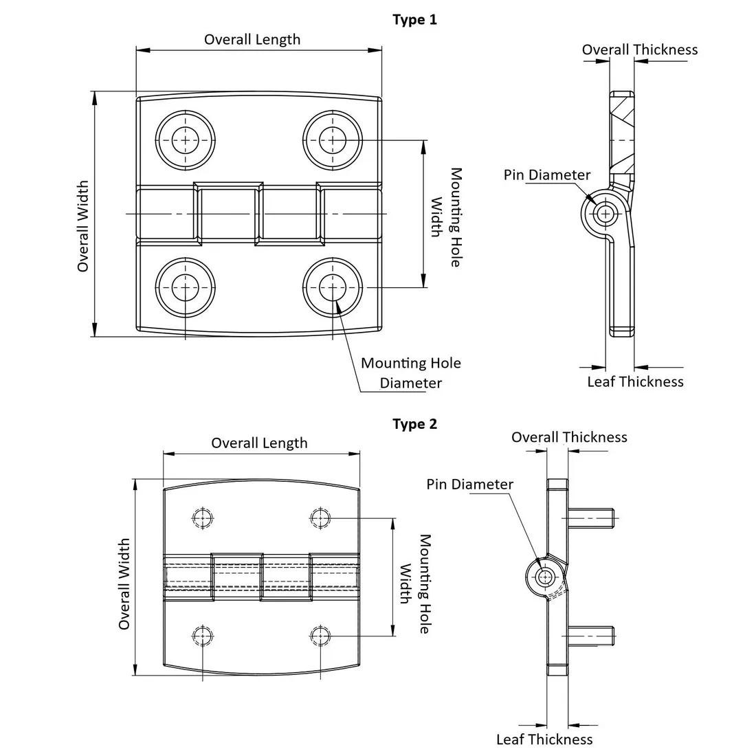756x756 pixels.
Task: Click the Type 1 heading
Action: coord(414,19)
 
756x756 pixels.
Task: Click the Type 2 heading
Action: coord(414,424)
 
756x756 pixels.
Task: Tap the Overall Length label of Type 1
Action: coord(252,39)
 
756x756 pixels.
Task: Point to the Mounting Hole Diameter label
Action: coord(411,373)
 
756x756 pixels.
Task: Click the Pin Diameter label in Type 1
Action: coord(546,175)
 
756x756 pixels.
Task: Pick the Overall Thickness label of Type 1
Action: coord(639,49)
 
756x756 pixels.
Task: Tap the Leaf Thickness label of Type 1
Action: coord(635,381)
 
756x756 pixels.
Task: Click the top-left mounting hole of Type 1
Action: coord(185,140)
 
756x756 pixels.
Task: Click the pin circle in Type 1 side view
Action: coord(605,214)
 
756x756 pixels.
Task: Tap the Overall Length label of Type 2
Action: coord(259,443)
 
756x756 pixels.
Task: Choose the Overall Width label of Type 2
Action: coord(124,584)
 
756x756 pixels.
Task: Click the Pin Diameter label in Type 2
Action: coord(469,485)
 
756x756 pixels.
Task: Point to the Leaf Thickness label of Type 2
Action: coord(544,740)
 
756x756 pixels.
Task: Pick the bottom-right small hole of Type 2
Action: coord(320,636)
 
